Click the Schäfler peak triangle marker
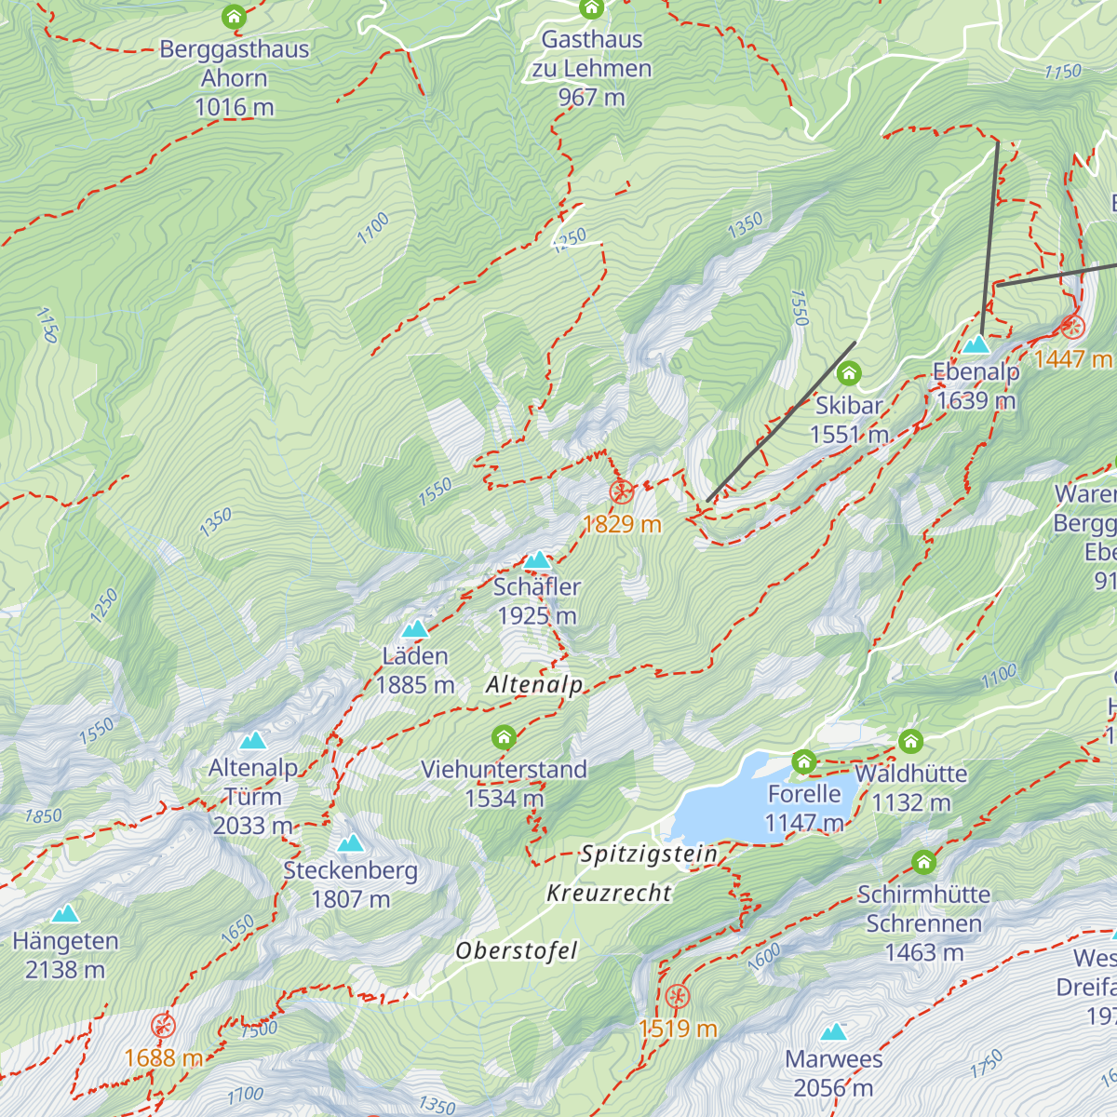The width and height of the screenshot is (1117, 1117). point(537,560)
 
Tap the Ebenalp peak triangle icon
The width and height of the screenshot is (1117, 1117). point(976,345)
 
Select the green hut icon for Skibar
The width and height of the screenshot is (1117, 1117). point(848,374)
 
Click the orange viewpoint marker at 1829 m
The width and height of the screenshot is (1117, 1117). point(622,492)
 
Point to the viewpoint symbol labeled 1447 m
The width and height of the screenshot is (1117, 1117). point(1072,327)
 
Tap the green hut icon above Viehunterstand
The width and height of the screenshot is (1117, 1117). point(504,739)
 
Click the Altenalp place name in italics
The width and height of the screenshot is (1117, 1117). point(534,685)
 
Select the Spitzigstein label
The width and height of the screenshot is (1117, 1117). point(649,854)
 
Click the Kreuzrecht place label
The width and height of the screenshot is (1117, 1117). point(609,893)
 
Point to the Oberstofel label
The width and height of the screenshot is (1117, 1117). point(517,950)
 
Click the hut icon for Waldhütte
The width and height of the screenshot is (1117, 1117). point(910,742)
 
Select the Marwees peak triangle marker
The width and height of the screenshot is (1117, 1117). point(833,1032)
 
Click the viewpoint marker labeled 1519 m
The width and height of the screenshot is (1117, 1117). point(678,997)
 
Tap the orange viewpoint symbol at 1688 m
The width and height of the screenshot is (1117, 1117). point(164,1026)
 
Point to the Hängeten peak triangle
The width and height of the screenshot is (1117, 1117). point(65,914)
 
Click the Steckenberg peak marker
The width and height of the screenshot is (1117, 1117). point(350,843)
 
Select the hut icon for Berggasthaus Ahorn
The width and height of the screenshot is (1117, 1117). point(234,17)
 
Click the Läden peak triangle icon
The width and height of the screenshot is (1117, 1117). point(414,629)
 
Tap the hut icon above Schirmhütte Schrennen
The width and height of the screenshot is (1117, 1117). point(923,862)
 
